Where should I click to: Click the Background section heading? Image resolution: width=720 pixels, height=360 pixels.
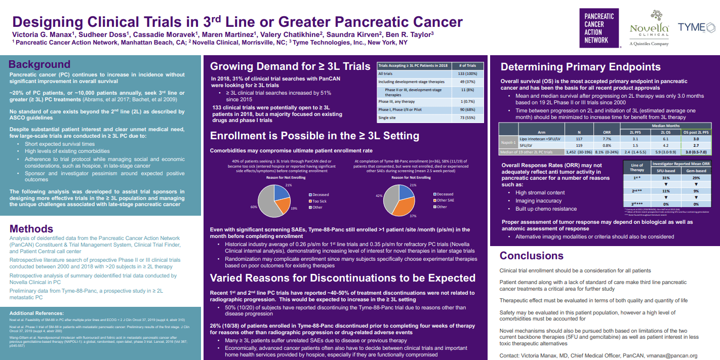click(39, 64)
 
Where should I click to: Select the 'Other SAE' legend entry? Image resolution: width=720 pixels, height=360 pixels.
click(445, 201)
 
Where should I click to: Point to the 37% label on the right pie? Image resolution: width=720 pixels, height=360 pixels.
click(412, 216)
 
